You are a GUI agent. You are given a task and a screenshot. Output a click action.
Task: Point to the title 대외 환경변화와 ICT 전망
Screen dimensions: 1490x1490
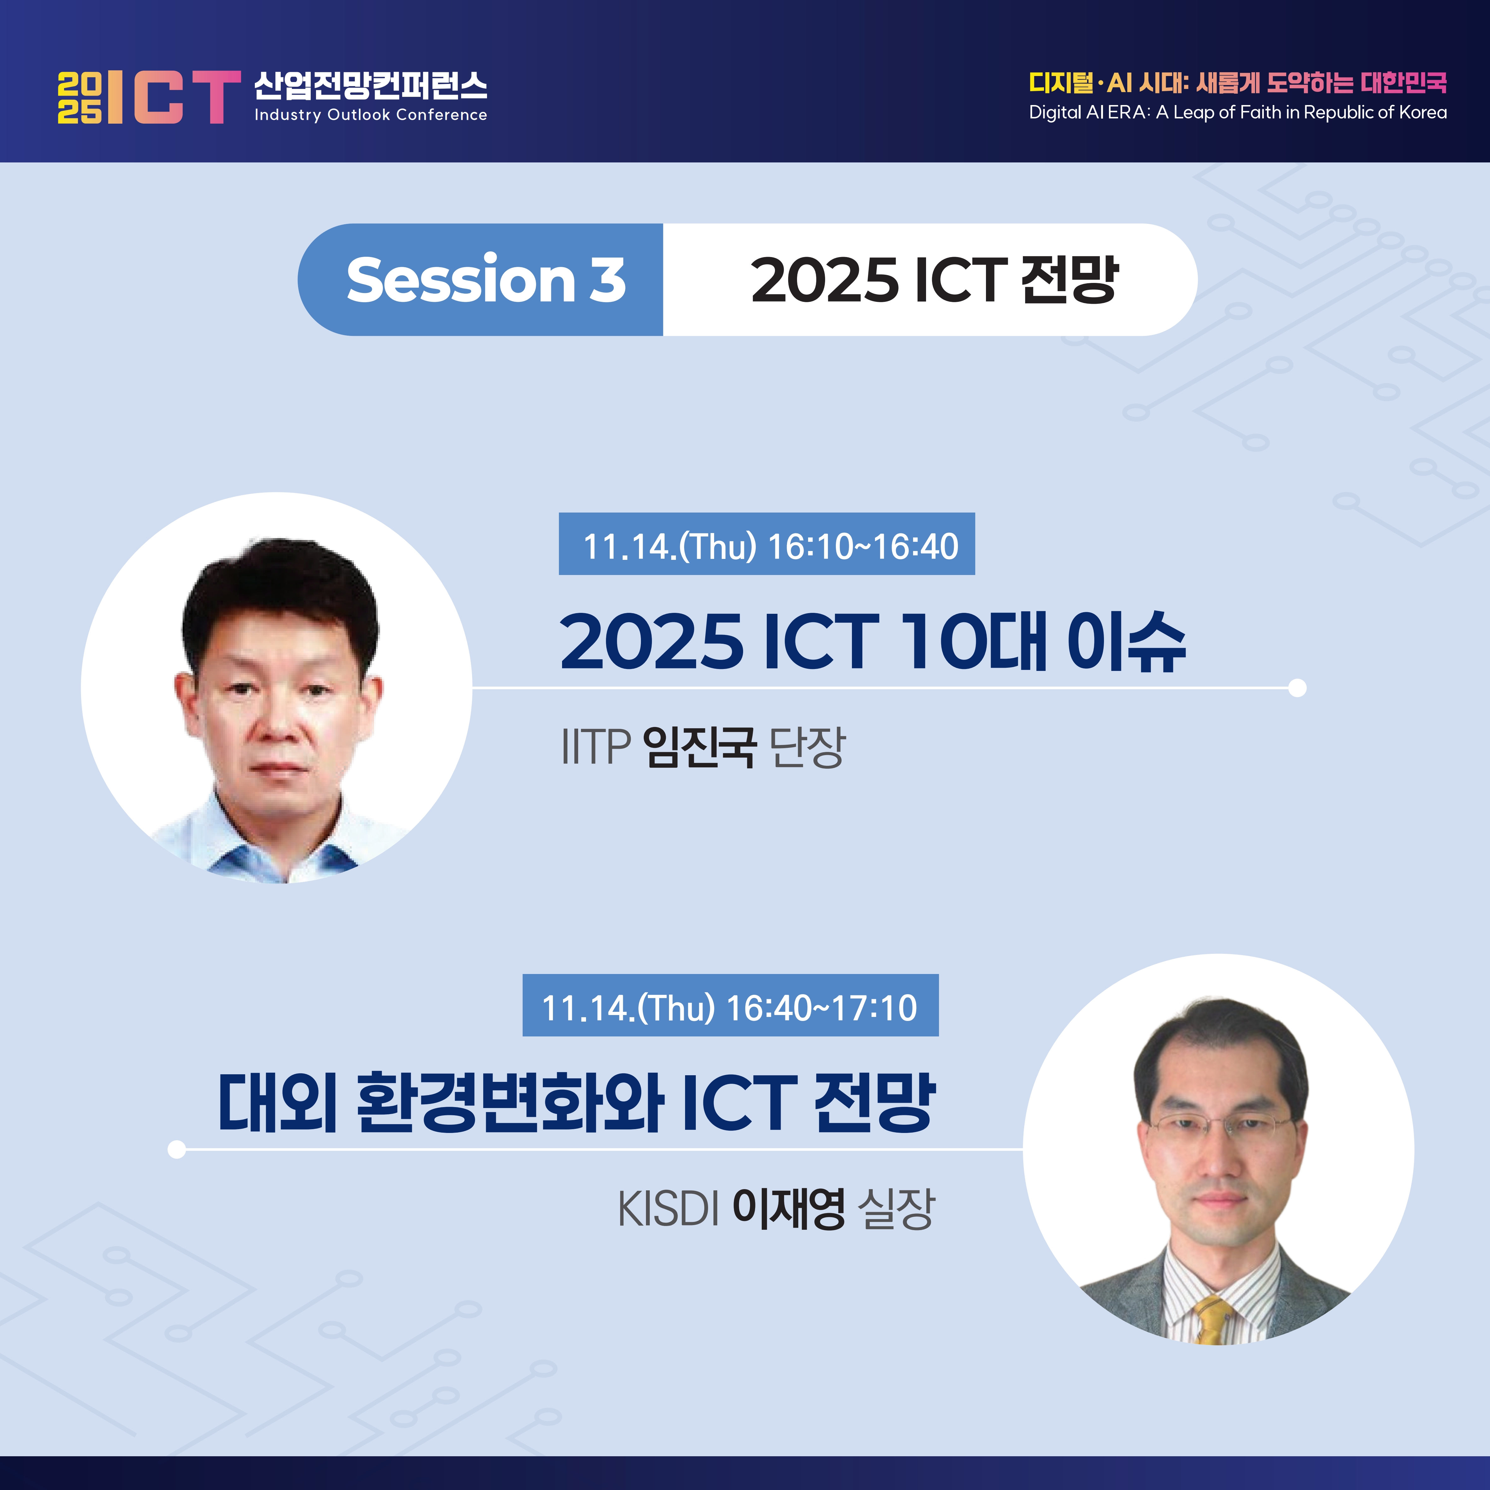tap(577, 1103)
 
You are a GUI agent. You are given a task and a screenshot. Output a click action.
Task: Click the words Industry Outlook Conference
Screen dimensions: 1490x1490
tap(371, 115)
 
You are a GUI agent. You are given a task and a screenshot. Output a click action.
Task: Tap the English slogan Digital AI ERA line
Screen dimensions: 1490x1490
tap(1238, 113)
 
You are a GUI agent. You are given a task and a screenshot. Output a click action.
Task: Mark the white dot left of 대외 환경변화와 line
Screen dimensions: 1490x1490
tap(177, 1150)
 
